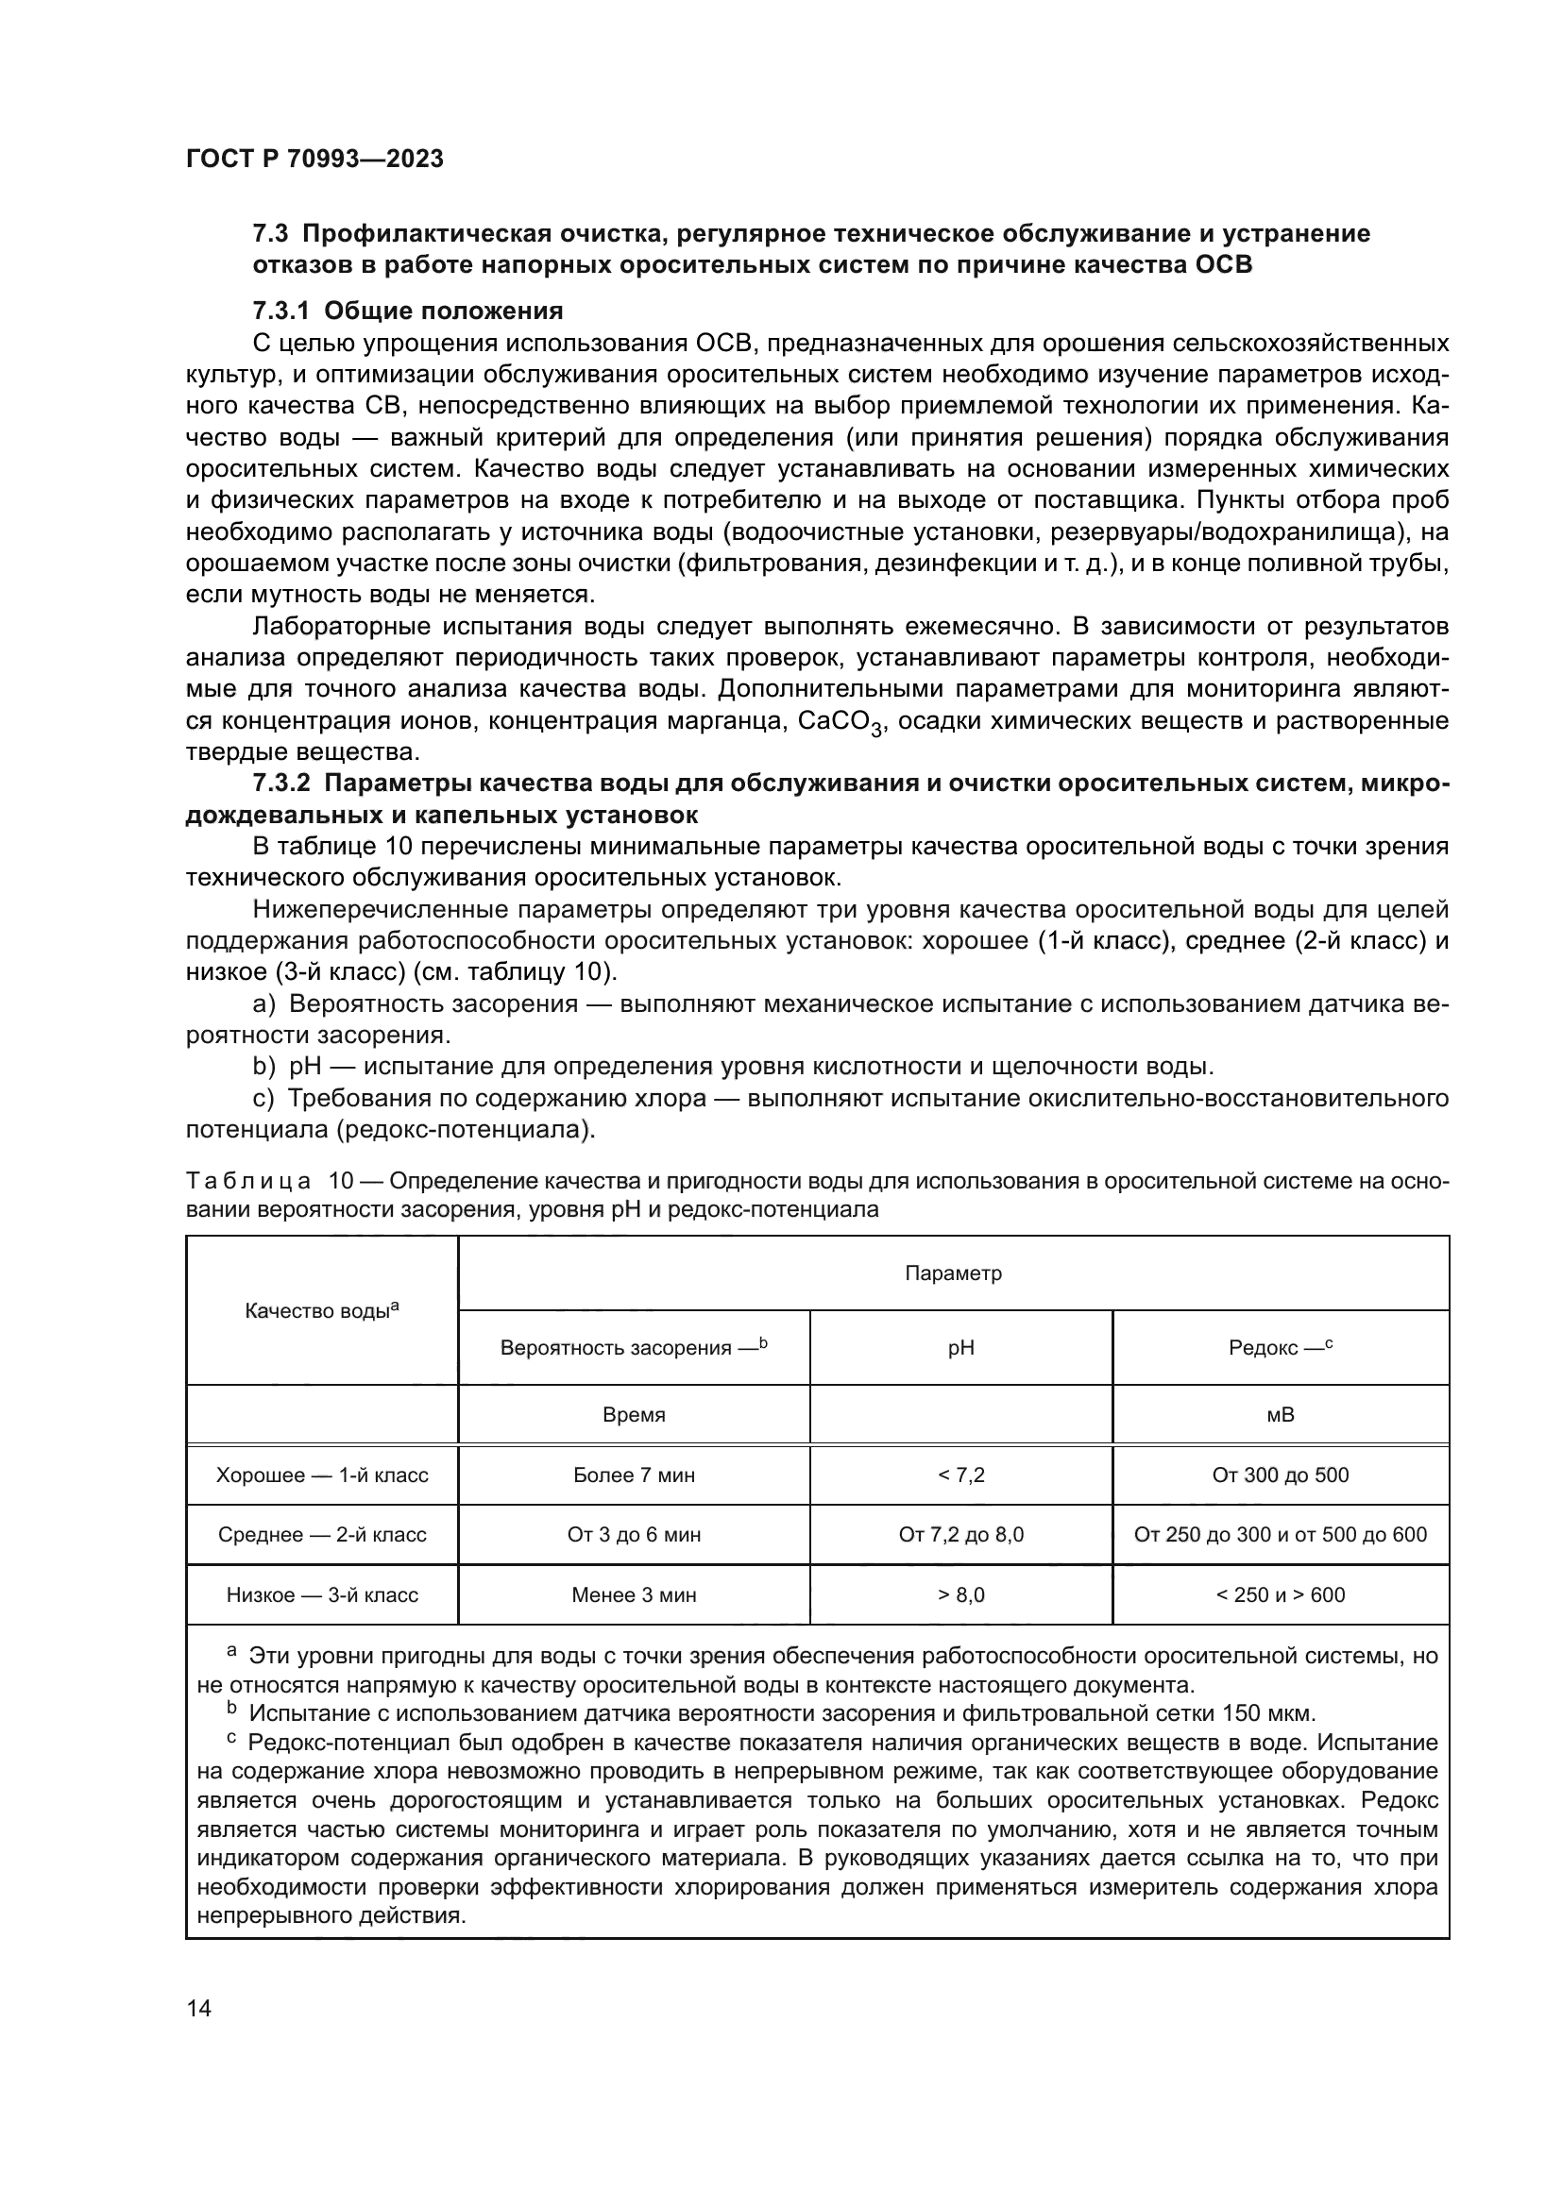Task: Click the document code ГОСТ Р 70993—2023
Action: pos(314,159)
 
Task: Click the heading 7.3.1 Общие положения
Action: pos(408,311)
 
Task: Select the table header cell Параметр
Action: pos(953,1273)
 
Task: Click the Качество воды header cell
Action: pos(322,1311)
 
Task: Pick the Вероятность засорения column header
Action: pos(633,1347)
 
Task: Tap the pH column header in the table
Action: pos(960,1348)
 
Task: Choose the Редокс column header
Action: pos(1281,1348)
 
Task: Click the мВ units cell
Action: pos(1281,1415)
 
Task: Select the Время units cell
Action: pos(633,1415)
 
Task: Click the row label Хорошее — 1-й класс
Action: pos(322,1475)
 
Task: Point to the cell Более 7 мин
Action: pos(633,1475)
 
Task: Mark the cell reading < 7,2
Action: pos(960,1475)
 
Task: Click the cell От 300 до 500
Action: pos(1281,1475)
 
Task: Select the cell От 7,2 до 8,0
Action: pos(960,1535)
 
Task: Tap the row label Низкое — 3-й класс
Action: pos(322,1594)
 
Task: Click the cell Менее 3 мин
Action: pos(633,1594)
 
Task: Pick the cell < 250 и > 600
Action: pos(1281,1594)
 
